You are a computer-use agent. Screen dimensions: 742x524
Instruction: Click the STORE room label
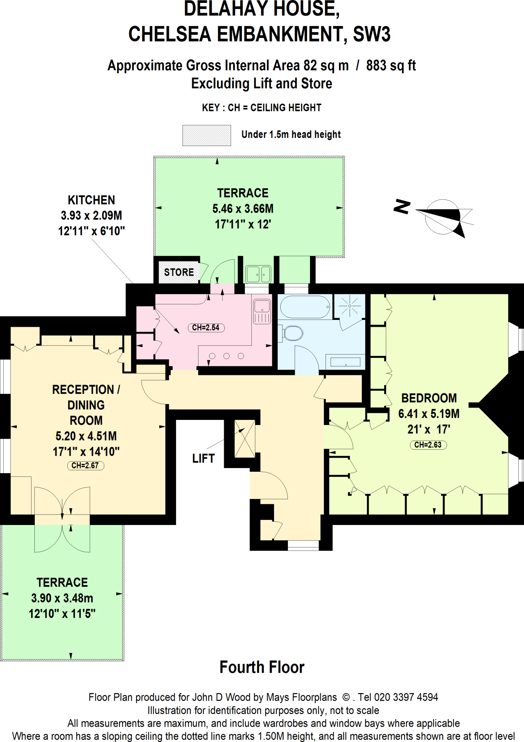pos(179,272)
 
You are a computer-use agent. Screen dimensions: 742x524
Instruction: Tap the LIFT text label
pos(203,458)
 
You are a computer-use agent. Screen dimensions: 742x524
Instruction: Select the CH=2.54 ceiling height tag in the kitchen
pos(206,328)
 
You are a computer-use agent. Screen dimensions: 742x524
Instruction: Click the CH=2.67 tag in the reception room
pos(85,466)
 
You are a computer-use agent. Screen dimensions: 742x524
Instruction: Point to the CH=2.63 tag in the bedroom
pos(428,445)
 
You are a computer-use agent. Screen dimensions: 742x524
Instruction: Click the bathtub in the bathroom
pos(305,307)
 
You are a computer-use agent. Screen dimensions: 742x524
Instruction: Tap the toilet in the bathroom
pos(293,333)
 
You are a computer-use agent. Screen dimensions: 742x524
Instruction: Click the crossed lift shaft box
pos(245,438)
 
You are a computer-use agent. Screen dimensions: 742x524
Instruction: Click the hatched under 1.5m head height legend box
pos(206,136)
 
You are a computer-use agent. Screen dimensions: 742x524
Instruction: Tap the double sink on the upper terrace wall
pos(258,274)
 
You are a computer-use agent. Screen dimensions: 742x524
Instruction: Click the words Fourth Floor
pos(262,667)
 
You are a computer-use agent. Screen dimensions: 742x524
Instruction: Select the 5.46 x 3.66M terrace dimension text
pos(243,209)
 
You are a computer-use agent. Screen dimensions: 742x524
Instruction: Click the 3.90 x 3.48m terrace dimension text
pos(62,598)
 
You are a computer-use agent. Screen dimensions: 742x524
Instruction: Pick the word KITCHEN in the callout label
pos(91,200)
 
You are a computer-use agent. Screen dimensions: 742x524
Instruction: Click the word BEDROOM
pos(429,398)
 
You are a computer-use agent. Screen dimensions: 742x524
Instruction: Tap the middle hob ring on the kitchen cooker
pos(226,356)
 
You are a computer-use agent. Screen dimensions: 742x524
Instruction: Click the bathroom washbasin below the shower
pos(345,362)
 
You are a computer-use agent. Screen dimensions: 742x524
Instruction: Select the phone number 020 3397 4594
pos(406,697)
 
